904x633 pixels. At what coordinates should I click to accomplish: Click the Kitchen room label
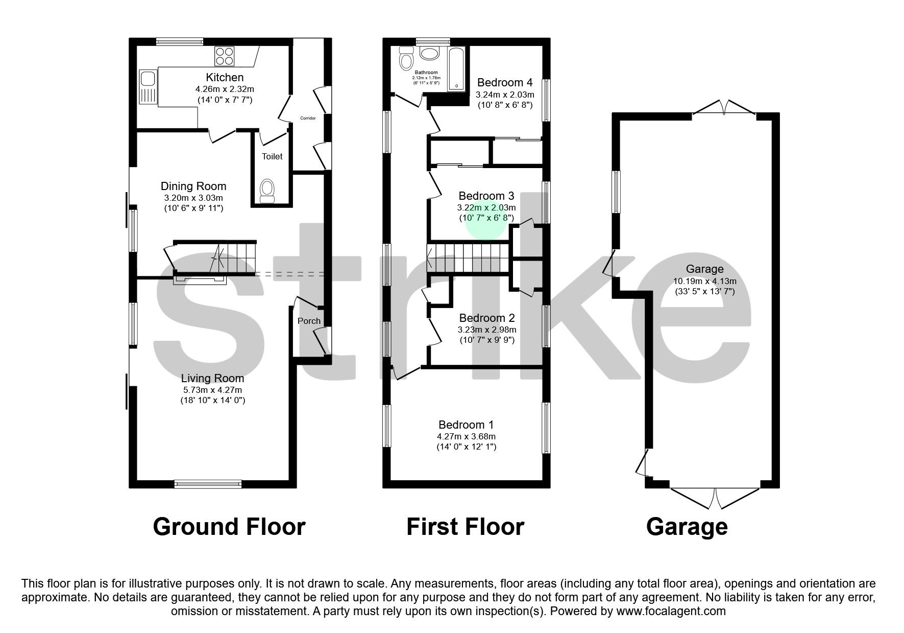pos(225,78)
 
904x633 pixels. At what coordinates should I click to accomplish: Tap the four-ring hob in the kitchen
pos(225,56)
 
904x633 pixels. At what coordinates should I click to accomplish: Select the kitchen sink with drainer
pos(149,86)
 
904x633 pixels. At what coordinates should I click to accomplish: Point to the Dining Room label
pos(193,186)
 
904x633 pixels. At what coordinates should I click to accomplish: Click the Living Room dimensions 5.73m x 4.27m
pos(213,390)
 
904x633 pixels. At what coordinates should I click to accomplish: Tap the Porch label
pos(309,321)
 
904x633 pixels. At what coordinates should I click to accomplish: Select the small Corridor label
pos(308,118)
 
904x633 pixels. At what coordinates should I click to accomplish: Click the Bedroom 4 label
pos(505,82)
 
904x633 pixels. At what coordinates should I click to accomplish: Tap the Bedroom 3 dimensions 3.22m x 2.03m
pos(486,207)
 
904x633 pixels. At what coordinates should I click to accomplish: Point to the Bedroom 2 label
pos(486,318)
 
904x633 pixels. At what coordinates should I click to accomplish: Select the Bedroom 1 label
pos(466,425)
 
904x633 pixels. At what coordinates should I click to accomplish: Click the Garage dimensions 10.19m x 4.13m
pos(704,281)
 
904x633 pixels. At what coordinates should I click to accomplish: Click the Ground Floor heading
pos(229,527)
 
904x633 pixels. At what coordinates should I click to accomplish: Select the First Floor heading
pos(465,527)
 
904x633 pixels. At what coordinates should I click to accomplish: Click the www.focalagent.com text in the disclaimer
pos(671,611)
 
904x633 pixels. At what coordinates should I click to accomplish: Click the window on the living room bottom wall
pos(208,483)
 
